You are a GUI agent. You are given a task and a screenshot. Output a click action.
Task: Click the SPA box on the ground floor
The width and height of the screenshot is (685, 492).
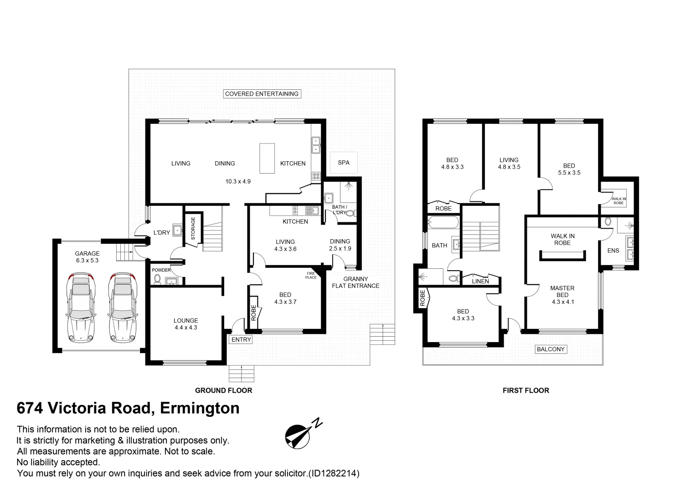coord(344,163)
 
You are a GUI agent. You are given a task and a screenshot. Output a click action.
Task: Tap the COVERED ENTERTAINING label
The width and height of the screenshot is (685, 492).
coord(262,94)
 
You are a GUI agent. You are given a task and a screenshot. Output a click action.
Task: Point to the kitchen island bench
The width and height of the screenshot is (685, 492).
coord(268,158)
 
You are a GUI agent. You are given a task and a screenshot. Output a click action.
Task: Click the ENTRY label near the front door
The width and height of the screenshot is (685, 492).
coord(241,339)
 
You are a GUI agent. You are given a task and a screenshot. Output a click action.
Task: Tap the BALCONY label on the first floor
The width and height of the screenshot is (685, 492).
coord(551,349)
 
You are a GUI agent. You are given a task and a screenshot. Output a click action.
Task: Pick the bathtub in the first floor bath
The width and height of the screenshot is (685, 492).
coord(443,223)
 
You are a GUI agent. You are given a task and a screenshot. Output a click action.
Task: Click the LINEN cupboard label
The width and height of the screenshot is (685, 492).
coord(480,281)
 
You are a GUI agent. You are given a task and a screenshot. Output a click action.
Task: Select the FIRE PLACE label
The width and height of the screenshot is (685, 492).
coord(311,275)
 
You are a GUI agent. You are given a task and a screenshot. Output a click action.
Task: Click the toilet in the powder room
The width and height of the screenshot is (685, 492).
coord(158,278)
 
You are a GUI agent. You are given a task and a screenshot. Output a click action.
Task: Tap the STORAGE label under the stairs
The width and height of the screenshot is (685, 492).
coord(193,228)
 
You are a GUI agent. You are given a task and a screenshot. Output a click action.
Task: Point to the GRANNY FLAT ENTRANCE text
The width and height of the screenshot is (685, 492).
coord(355,282)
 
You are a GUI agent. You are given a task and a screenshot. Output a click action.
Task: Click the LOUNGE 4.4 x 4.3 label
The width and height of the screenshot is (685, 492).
coord(185,324)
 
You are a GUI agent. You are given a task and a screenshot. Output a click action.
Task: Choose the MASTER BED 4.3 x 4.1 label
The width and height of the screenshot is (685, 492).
coord(562,295)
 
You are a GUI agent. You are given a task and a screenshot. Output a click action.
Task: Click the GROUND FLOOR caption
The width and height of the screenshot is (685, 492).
coord(223,390)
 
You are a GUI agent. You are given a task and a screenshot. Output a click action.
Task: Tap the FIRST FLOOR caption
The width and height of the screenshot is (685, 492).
coord(525,390)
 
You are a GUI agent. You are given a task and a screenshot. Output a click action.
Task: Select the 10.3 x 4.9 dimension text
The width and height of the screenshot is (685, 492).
coord(238,181)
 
